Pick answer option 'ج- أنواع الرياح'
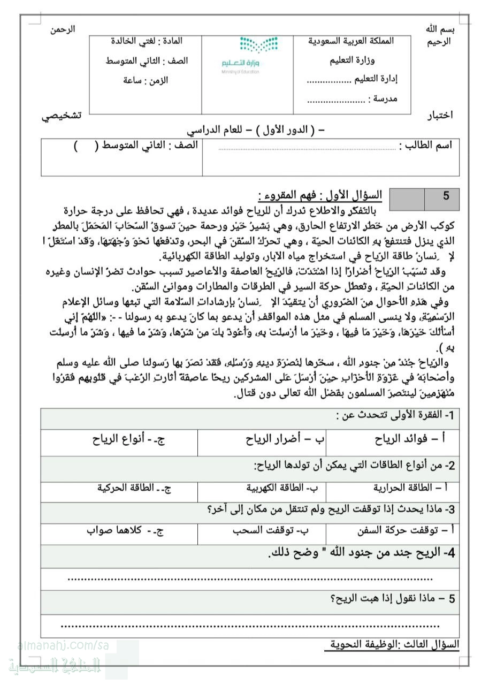coord(128,439)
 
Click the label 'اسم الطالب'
coord(430,145)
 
